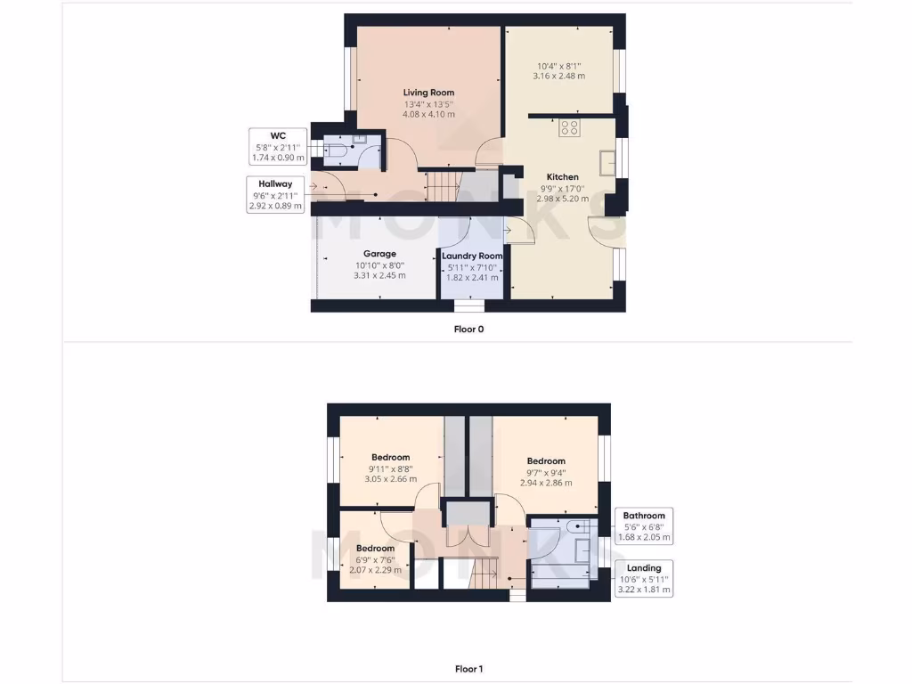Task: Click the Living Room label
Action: coord(428,93)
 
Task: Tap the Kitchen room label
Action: coord(562,177)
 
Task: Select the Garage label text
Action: coord(379,254)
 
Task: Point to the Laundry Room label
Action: coord(472,256)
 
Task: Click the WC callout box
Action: coord(278,147)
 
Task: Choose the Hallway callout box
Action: coord(275,194)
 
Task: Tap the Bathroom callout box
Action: coord(644,526)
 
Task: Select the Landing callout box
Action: coord(644,579)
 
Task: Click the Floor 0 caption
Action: coord(468,329)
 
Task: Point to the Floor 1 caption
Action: coord(468,669)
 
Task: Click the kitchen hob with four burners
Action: coord(570,127)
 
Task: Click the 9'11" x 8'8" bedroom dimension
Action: coord(390,468)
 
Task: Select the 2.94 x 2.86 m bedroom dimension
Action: coord(546,483)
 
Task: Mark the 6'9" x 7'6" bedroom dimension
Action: coord(375,558)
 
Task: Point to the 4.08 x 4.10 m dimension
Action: coord(428,114)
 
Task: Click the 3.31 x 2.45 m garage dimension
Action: coord(379,275)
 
